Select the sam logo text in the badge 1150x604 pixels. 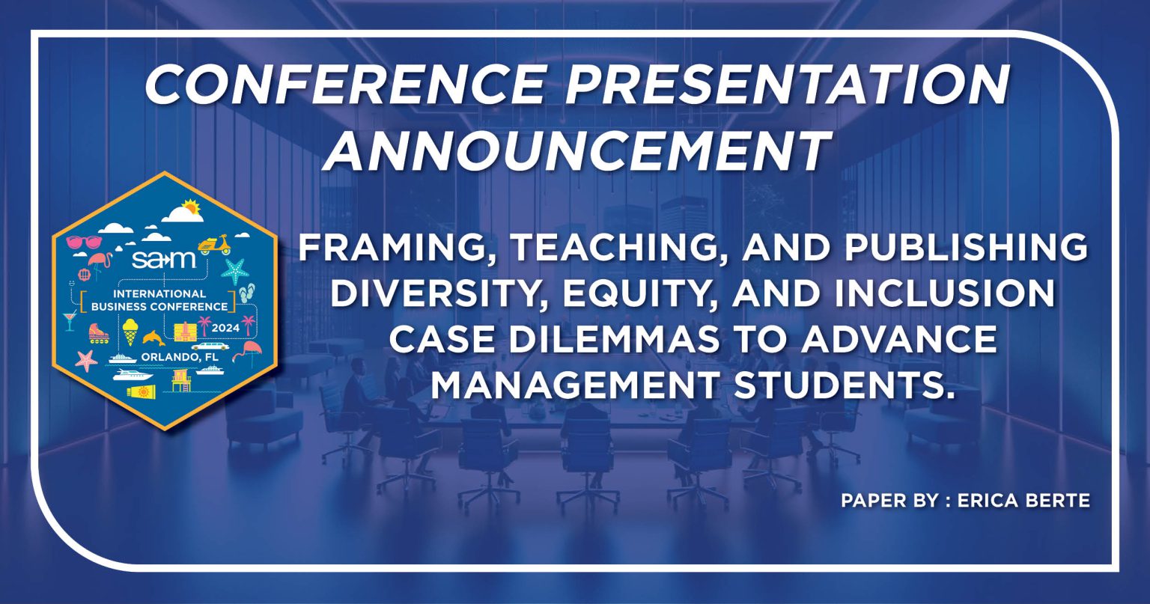coord(163,260)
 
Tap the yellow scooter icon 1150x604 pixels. coord(214,245)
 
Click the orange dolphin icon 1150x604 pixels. coord(153,338)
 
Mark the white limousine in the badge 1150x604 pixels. coord(210,347)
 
